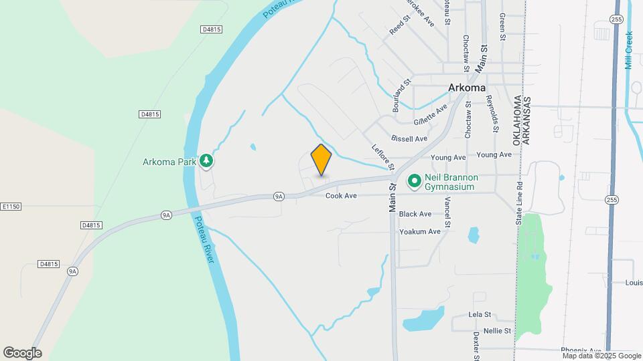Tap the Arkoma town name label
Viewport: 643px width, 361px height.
(467, 88)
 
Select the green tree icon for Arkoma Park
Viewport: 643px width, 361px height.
(208, 161)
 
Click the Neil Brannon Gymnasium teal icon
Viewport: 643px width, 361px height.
(414, 180)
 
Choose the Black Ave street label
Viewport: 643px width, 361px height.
(415, 214)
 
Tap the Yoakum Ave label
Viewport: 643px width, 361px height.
(420, 231)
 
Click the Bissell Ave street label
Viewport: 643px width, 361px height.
(409, 138)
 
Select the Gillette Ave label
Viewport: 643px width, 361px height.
(430, 115)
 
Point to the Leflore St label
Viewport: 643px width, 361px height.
(383, 156)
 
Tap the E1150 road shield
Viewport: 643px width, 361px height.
(11, 207)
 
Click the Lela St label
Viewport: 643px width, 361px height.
(480, 314)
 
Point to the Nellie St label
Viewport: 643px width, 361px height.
(499, 330)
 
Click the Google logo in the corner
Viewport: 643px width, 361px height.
(22, 353)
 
